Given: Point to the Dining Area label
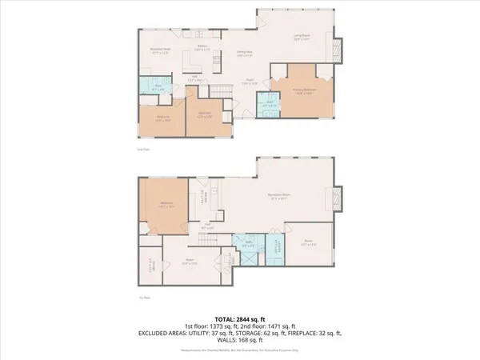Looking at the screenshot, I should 245,54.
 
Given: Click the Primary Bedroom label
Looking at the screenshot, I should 298,92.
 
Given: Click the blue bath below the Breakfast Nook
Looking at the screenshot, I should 156,85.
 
